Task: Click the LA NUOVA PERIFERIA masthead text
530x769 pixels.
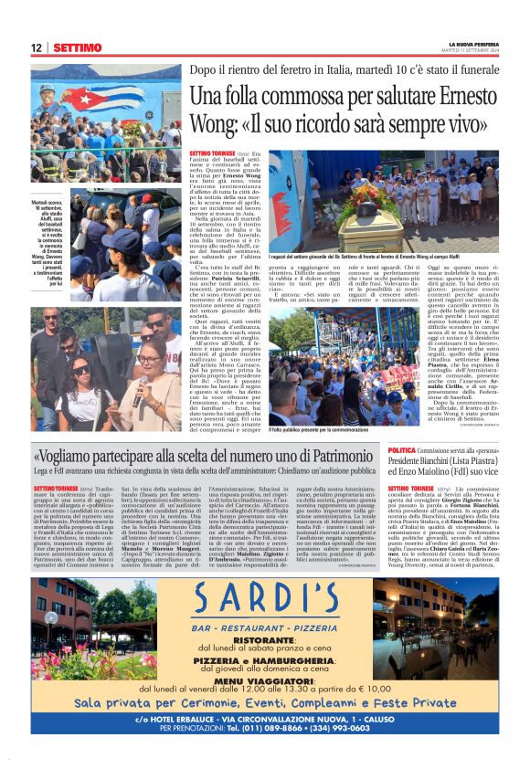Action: [474, 44]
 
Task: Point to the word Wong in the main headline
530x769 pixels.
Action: [216, 122]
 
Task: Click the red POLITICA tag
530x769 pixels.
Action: [403, 451]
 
